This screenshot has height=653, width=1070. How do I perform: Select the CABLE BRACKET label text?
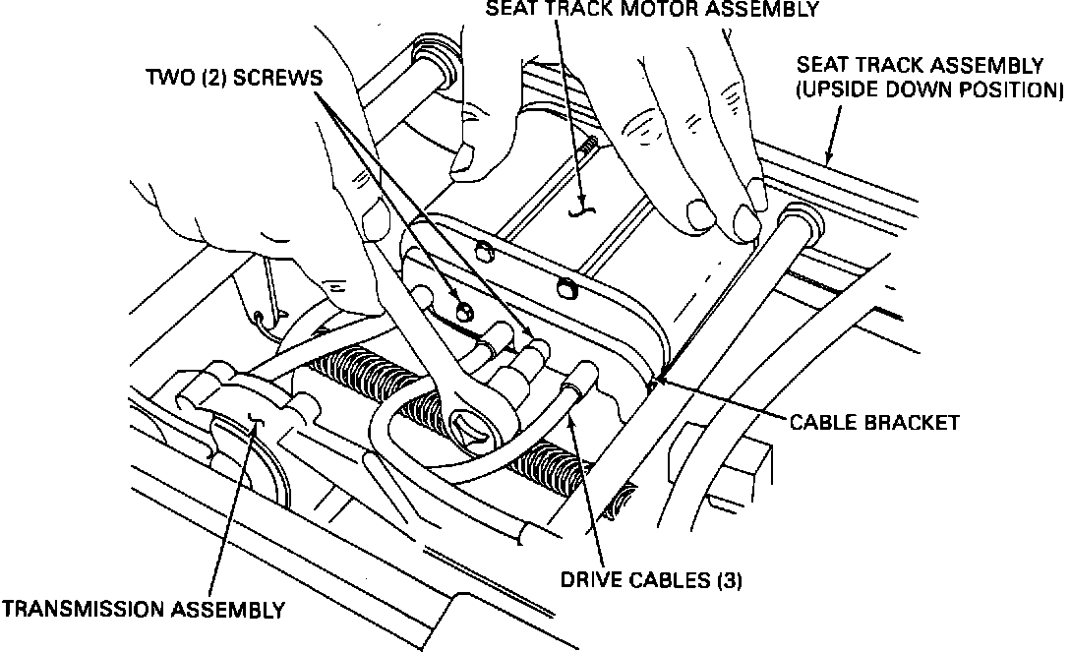tap(874, 423)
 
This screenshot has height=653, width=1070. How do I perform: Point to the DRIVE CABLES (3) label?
tap(651, 580)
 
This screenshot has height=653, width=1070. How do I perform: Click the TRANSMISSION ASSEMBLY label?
tap(144, 610)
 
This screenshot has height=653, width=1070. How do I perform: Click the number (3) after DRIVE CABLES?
tap(729, 580)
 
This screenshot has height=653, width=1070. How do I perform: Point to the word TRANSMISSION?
tap(86, 610)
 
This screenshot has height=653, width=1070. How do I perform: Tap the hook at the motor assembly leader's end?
tap(582, 208)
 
